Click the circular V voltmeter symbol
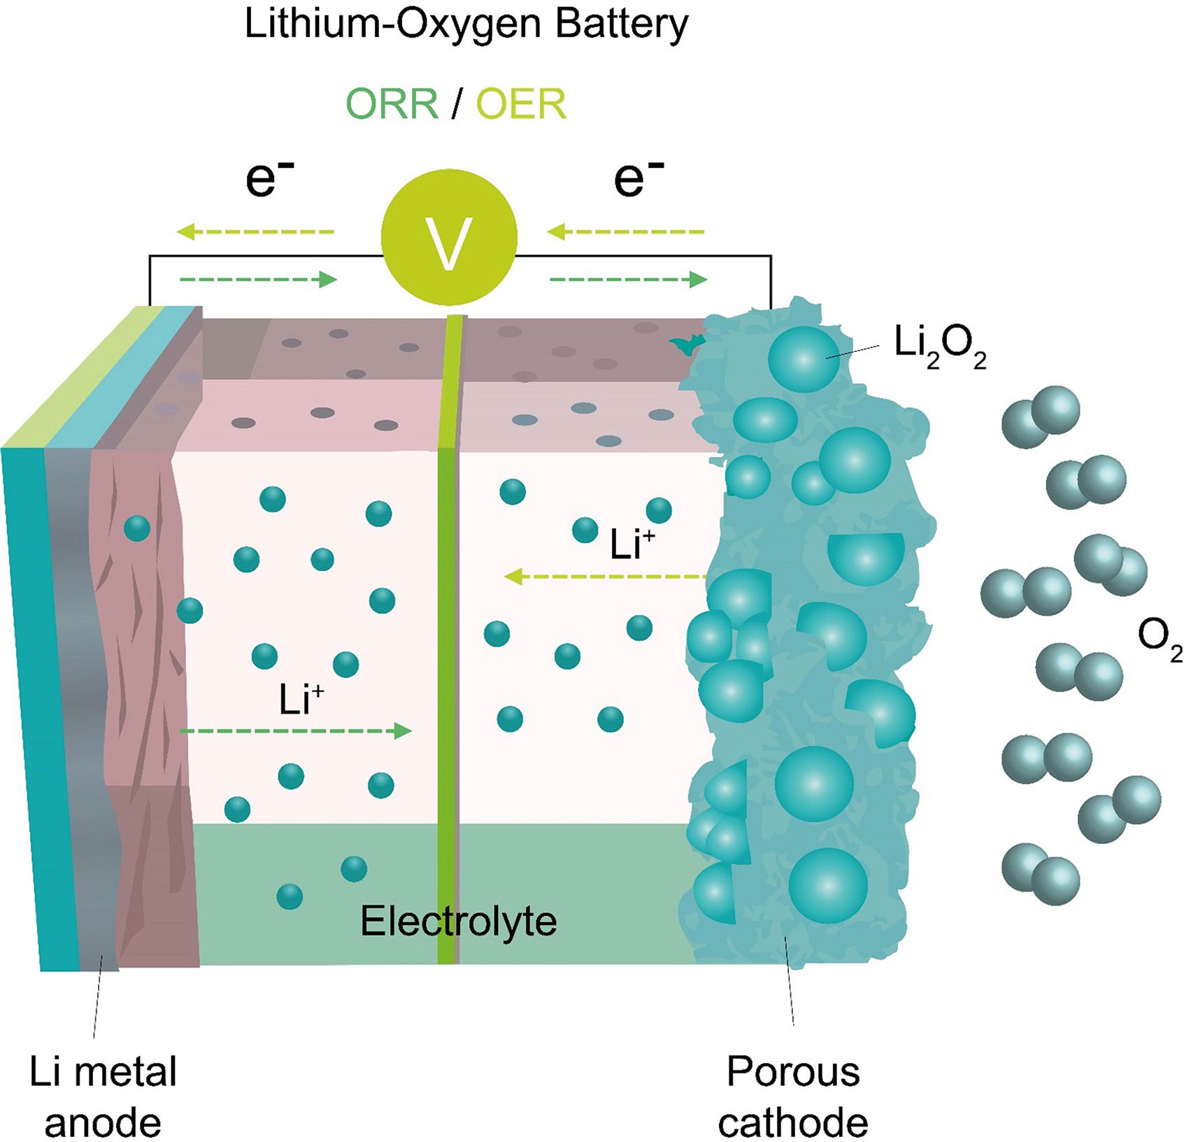click(449, 238)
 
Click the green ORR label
click(392, 104)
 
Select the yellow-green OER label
click(521, 104)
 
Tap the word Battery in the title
click(621, 25)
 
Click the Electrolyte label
click(458, 921)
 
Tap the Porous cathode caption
click(793, 1097)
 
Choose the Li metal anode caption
click(103, 1097)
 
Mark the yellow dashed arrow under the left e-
click(255, 232)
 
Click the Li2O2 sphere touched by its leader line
click(804, 359)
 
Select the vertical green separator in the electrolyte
click(448, 630)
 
